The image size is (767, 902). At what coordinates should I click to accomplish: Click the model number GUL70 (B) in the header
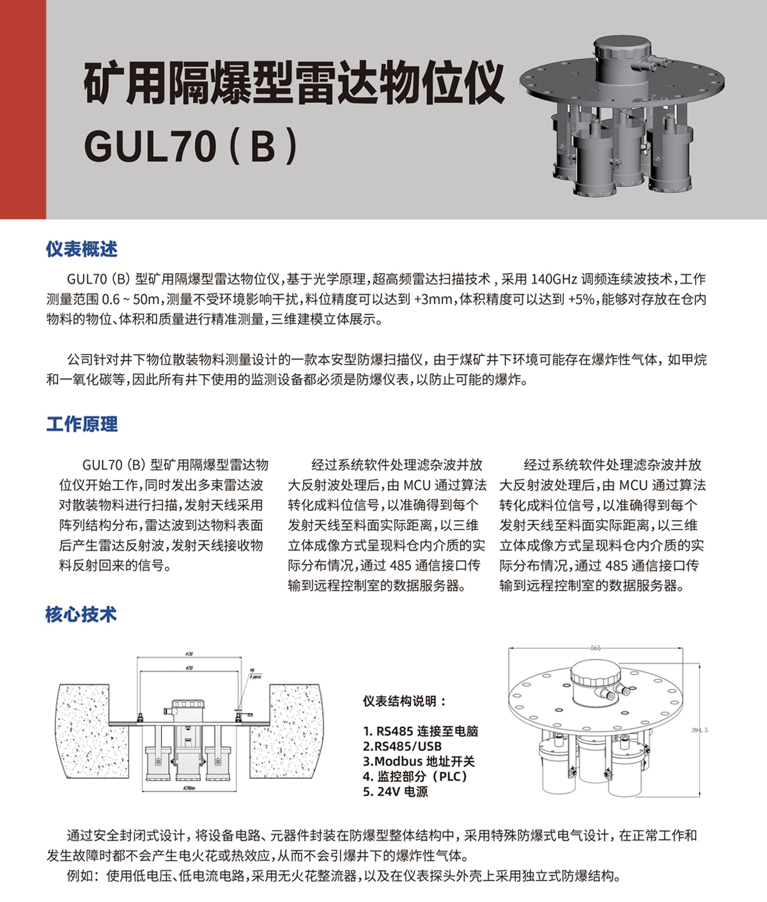click(190, 146)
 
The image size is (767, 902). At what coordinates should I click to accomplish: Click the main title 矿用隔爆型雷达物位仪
click(294, 83)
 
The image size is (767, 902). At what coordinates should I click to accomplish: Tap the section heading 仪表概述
click(81, 249)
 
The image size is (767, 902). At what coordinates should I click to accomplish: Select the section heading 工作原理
click(81, 424)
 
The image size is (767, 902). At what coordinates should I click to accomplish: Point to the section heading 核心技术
click(81, 614)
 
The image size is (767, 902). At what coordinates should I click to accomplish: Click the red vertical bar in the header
click(23, 109)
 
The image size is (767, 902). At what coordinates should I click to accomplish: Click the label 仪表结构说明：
click(405, 701)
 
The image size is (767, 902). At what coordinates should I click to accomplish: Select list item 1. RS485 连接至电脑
click(420, 731)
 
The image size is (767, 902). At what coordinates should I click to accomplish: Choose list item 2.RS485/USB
click(402, 746)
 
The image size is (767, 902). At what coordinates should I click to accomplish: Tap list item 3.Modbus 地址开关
click(419, 761)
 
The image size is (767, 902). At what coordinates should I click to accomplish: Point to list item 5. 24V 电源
click(395, 791)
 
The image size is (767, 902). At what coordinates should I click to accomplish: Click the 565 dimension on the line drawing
click(596, 648)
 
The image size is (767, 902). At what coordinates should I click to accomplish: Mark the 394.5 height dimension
click(700, 729)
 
